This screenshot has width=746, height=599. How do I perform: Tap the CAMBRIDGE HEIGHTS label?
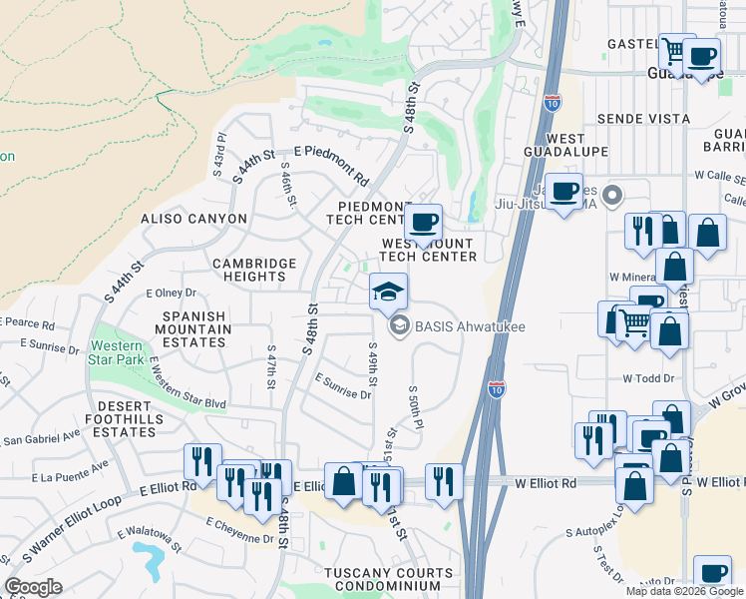pos(254,270)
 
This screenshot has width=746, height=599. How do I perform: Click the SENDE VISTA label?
pos(643,119)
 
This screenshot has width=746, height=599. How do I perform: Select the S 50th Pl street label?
pos(415,405)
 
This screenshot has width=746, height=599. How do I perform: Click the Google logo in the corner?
pos(34,587)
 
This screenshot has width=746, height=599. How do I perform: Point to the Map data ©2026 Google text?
pos(684,591)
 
